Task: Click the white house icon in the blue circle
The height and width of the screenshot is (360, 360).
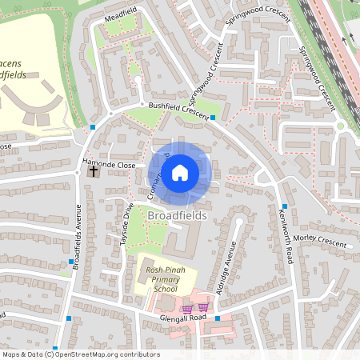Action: coord(180,172)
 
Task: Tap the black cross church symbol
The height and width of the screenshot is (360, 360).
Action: coord(94,171)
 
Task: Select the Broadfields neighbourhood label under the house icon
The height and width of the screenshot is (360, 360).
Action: coord(177,216)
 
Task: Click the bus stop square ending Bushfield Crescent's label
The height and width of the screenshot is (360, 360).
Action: coord(214,118)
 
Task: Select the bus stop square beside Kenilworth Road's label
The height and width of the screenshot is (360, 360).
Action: coord(285,206)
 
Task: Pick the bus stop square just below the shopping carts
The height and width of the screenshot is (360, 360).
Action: coord(216,318)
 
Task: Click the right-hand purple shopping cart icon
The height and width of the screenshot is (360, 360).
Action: coord(204,306)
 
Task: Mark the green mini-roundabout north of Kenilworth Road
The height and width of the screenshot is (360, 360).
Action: coord(339,125)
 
